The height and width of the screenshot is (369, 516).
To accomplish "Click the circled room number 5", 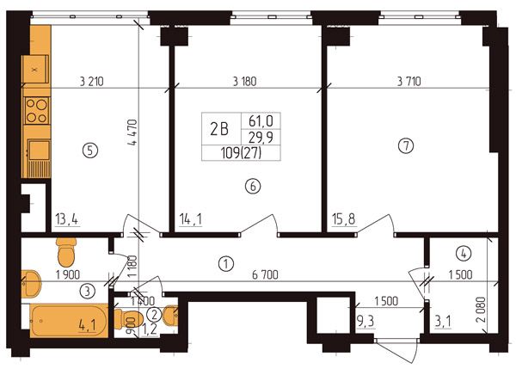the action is pos(90,151).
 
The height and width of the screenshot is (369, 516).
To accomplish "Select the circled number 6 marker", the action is pos(252,187).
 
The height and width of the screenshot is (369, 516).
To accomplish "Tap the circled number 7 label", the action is pos(406,145).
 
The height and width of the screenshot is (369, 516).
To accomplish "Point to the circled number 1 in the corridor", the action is pos(226,264).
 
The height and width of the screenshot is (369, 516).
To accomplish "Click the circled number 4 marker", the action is pos(464,254).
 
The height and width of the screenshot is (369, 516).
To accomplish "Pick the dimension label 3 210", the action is pos(91,82).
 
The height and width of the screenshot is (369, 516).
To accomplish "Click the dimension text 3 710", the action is pos(409,82).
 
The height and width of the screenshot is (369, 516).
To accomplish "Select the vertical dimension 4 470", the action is pos(132,132).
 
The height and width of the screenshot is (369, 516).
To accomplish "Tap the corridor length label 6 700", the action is pos(265,274).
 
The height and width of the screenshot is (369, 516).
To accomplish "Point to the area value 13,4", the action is pos(67,219).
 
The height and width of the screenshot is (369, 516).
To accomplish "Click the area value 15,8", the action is pos(344,219).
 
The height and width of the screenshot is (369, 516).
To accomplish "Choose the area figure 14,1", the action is pos(191,219).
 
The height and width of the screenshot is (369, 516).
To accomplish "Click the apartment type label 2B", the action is pos(219,129).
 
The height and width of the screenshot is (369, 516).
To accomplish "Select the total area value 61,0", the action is pos(261,121).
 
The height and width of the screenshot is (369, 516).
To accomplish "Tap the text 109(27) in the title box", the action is pos(241,153).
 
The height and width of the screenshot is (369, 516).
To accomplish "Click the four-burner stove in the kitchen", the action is pos(36,111).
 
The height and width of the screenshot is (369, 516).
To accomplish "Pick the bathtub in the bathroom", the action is pos(69,321).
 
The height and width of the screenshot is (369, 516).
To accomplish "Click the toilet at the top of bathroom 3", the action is pos(66,251).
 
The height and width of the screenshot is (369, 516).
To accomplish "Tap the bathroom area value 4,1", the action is pos(87,326).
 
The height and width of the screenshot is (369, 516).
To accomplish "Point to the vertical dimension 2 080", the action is pos(481,310).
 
